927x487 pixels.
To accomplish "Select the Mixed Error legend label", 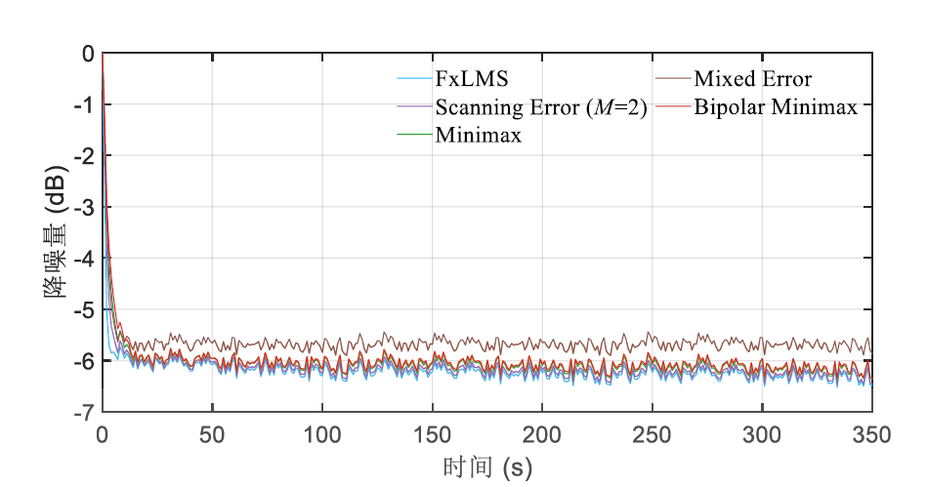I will click(752, 78).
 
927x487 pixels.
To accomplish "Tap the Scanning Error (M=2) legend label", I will click(542, 107).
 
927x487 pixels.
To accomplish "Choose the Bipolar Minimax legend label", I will click(776, 107).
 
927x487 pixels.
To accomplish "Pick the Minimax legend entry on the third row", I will click(479, 136).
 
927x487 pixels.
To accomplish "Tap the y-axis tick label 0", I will click(88, 54).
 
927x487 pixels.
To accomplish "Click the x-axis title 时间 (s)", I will click(485, 467).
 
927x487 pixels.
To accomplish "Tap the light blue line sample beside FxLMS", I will click(414, 78).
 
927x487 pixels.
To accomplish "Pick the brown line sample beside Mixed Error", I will click(672, 78).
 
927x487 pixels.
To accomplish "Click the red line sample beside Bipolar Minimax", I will click(672, 107).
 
